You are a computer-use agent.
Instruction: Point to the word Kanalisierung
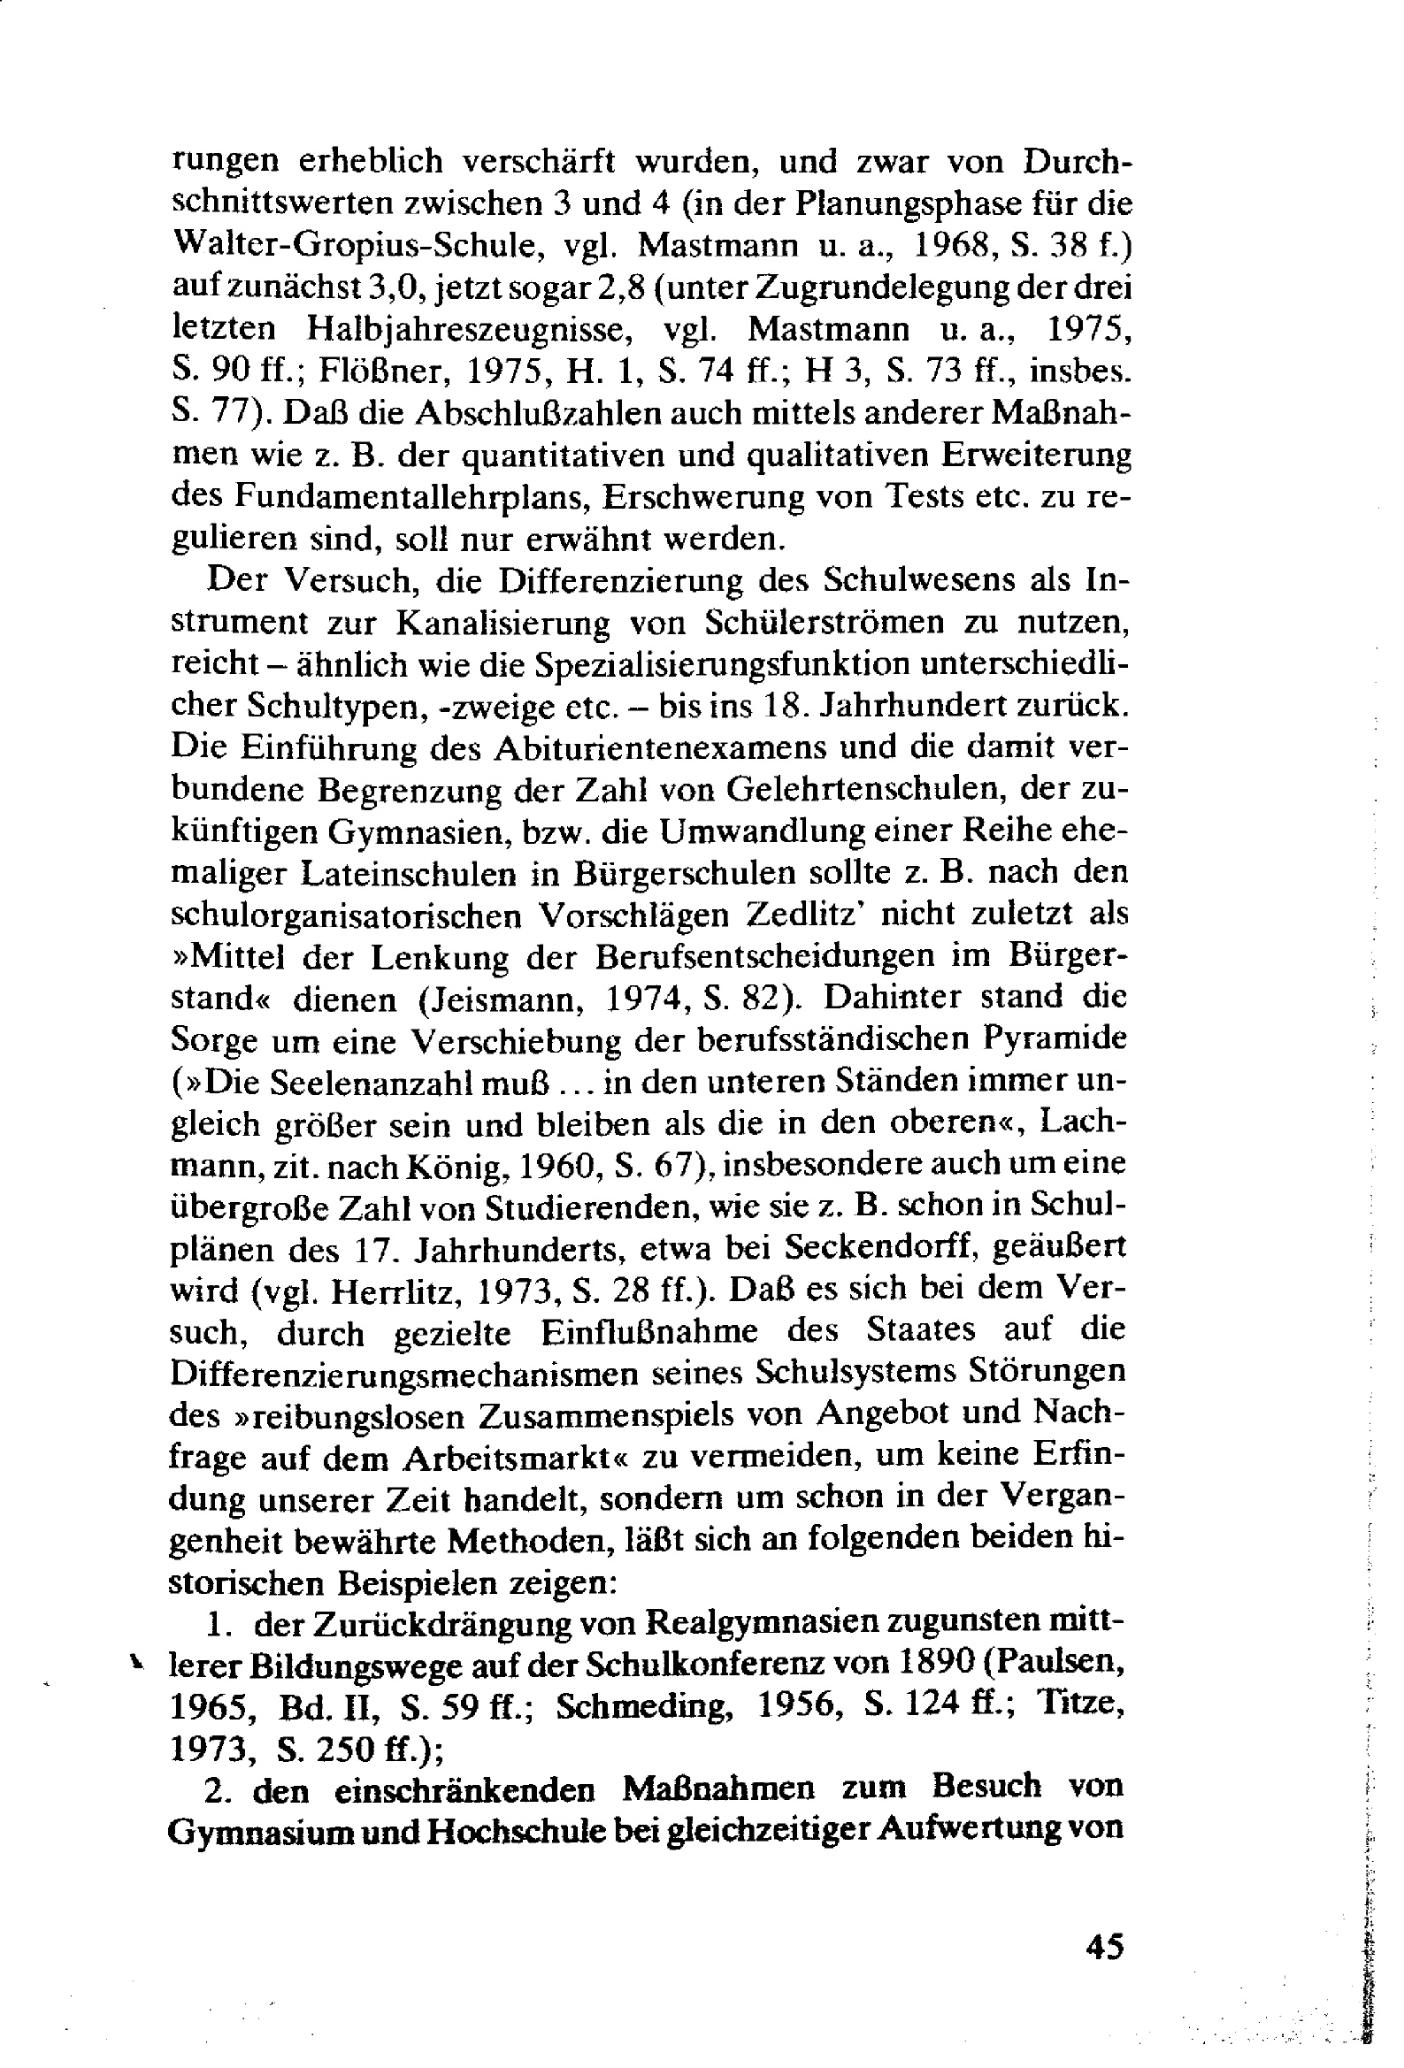click(x=503, y=622)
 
